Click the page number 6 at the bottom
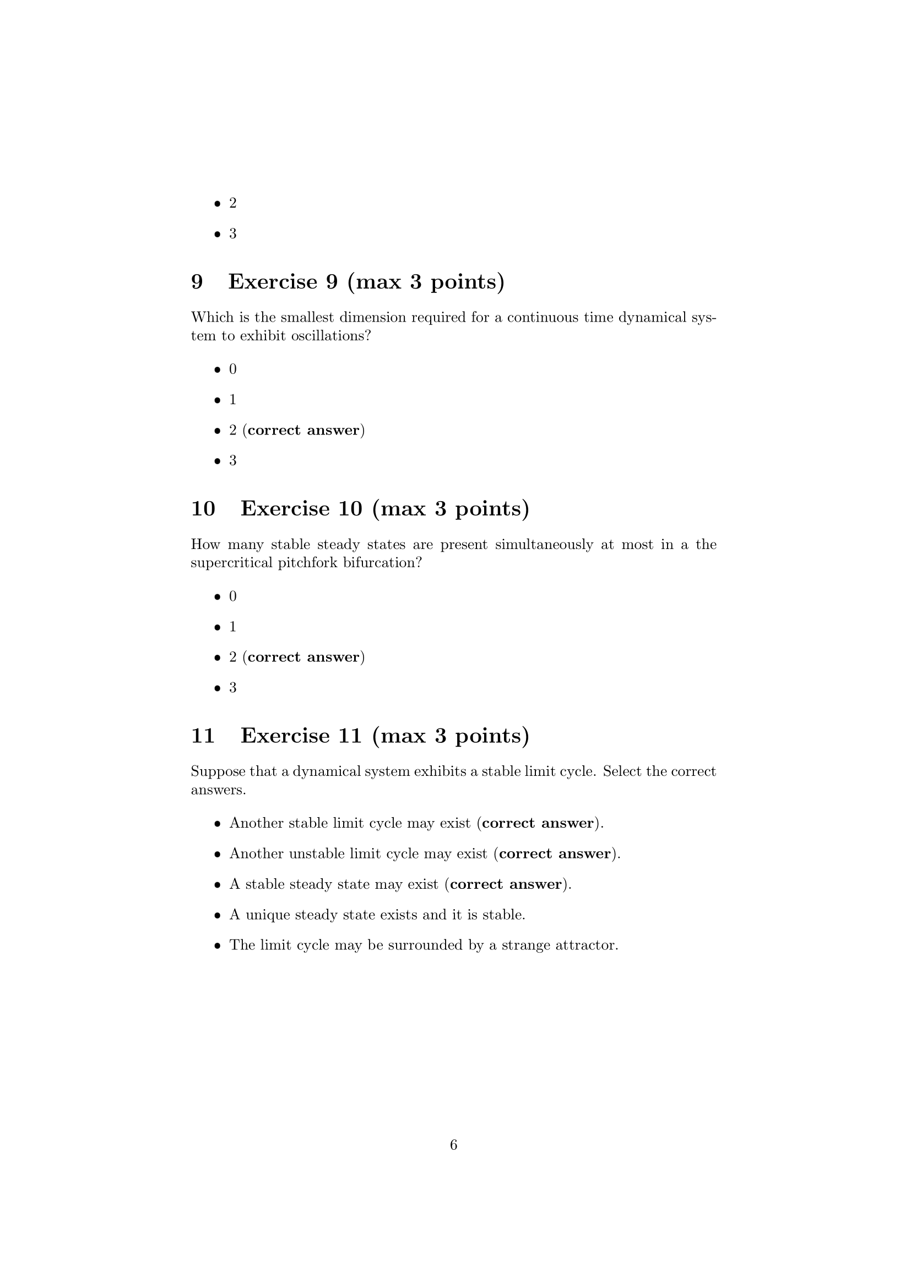(x=454, y=1144)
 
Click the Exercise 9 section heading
(x=347, y=281)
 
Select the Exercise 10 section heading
(x=360, y=508)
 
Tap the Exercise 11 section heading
(x=360, y=735)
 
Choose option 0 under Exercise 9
(x=233, y=369)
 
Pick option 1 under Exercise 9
(x=233, y=399)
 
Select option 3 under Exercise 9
(x=233, y=460)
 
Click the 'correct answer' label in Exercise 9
(x=303, y=430)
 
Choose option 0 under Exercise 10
(x=233, y=596)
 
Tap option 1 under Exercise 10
(x=233, y=627)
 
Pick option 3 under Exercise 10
(x=233, y=687)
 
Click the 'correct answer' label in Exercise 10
(x=303, y=657)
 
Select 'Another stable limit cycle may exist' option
(x=350, y=823)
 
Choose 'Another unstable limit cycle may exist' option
(x=358, y=853)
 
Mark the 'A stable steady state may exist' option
(x=333, y=884)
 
